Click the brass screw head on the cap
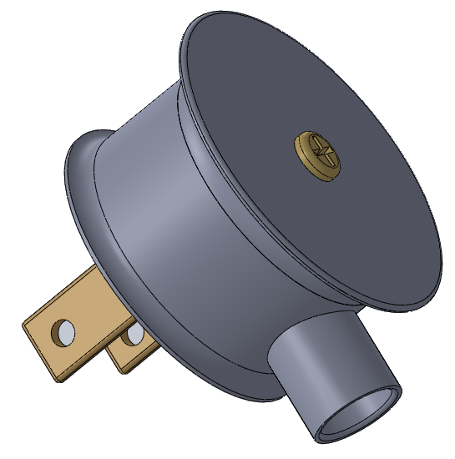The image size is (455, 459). point(318,158)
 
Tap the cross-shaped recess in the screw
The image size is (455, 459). point(321,154)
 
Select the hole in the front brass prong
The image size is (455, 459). point(63,333)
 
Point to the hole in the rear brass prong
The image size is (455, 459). point(133,336)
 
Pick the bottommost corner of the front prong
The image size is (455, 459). point(58,381)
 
